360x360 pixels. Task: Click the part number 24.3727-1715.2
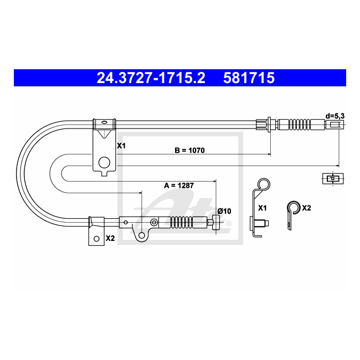click(x=151, y=78)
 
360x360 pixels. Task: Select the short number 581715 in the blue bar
click(x=249, y=78)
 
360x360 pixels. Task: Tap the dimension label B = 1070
click(x=189, y=151)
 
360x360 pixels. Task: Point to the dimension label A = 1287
click(x=179, y=186)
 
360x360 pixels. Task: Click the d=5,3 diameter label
click(x=335, y=116)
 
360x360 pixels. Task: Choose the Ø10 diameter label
click(x=224, y=211)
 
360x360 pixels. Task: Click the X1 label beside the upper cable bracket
click(x=121, y=146)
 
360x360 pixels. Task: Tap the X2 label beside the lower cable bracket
click(x=110, y=238)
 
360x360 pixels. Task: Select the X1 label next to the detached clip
click(x=263, y=208)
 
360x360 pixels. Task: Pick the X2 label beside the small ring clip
click(x=306, y=208)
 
